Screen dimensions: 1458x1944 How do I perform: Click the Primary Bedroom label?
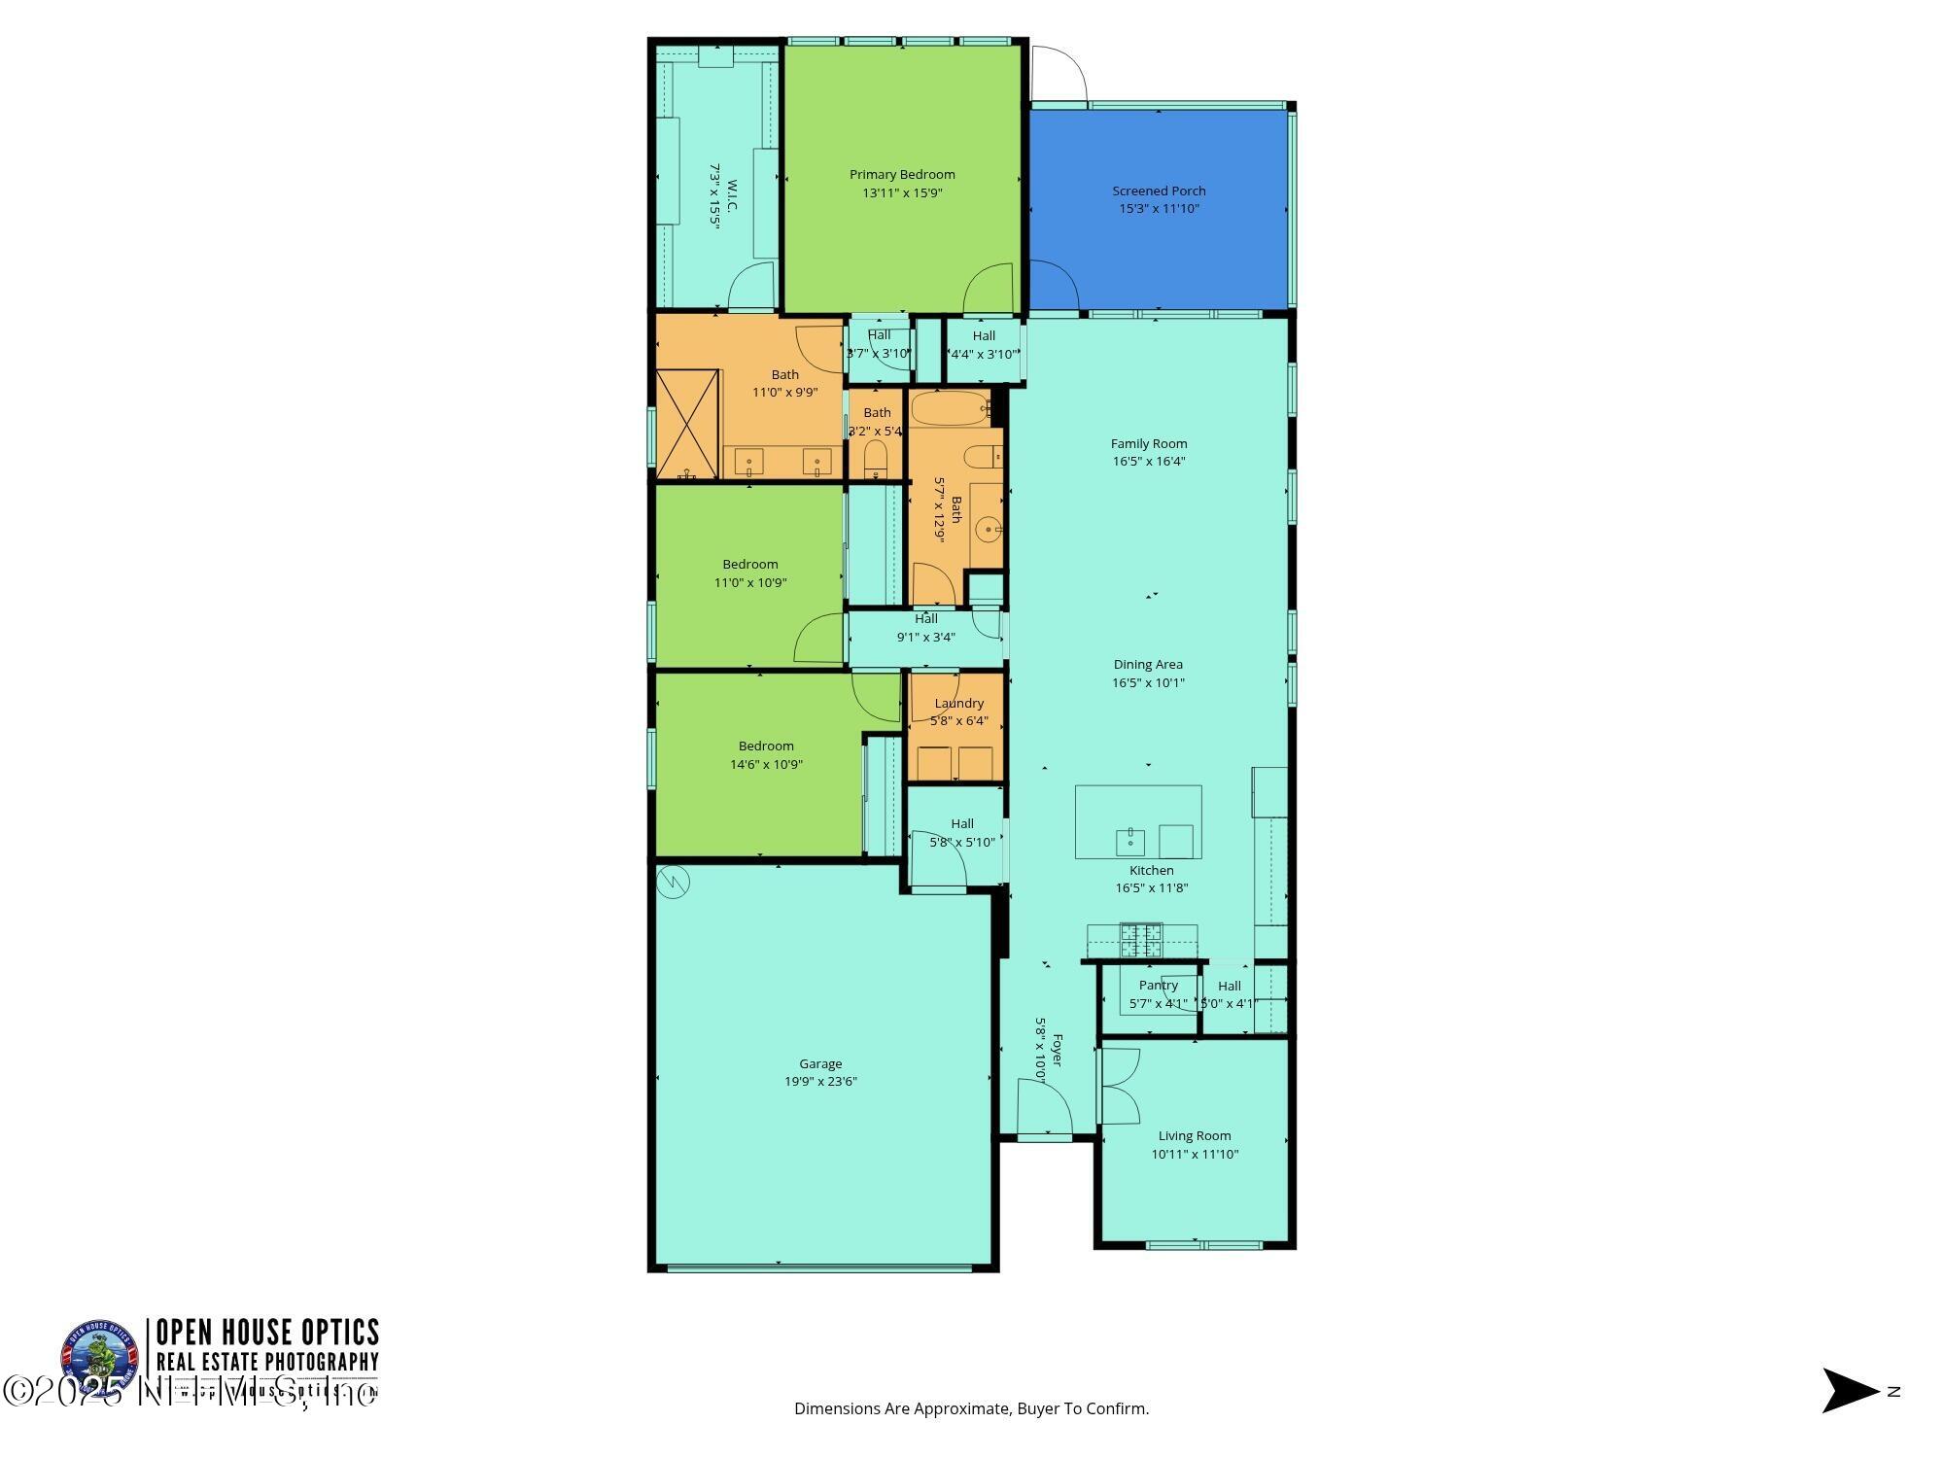902,175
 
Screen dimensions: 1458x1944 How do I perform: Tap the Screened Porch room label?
1159,191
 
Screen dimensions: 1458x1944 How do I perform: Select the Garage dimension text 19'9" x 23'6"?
820,1082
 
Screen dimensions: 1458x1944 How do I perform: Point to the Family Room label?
1149,444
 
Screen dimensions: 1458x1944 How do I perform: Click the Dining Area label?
1148,665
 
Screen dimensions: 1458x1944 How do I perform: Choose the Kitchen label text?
1151,871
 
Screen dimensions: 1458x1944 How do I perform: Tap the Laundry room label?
958,704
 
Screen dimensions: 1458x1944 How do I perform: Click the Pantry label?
1159,986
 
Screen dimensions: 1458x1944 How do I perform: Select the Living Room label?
1195,1136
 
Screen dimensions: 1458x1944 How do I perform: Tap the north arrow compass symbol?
1850,1391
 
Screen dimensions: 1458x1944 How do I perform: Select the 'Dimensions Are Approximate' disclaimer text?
971,1408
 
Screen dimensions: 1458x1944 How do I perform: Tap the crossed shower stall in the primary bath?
687,424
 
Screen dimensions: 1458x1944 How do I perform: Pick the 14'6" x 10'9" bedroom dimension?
766,765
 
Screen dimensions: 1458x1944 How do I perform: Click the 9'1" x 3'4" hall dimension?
925,638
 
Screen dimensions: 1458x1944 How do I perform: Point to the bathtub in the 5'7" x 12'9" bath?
950,407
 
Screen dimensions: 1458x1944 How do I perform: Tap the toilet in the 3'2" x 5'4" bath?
876,458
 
